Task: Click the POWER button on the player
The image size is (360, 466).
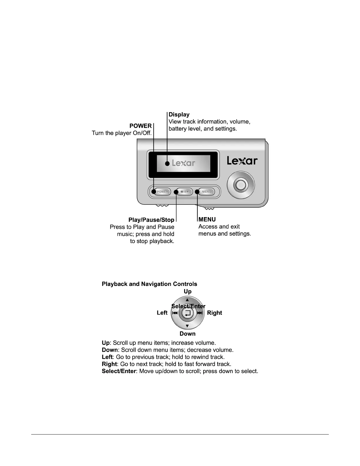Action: pyautogui.click(x=162, y=192)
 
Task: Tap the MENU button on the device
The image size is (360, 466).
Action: pyautogui.click(x=206, y=192)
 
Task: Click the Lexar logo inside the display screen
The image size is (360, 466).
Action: pyautogui.click(x=184, y=163)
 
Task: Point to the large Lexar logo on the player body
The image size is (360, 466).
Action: pyautogui.click(x=242, y=161)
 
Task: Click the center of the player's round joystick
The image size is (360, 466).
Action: pyautogui.click(x=241, y=185)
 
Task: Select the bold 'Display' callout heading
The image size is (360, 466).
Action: pyautogui.click(x=179, y=114)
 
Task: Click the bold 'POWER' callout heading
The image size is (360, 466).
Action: pyautogui.click(x=140, y=126)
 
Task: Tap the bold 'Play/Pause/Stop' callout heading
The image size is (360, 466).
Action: pyautogui.click(x=151, y=220)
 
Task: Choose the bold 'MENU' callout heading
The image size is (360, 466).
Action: pyautogui.click(x=207, y=219)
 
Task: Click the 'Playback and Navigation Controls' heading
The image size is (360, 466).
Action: pyautogui.click(x=149, y=284)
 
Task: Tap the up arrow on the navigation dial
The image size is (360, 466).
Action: pyautogui.click(x=187, y=300)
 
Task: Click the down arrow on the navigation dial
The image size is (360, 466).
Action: pyautogui.click(x=187, y=326)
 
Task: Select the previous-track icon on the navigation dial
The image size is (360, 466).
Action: pyautogui.click(x=175, y=313)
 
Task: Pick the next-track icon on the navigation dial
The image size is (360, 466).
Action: pyautogui.click(x=200, y=313)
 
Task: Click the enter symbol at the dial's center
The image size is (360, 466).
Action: pyautogui.click(x=188, y=313)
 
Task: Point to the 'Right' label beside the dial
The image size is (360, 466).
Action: pyautogui.click(x=214, y=313)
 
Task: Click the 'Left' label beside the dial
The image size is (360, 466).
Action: pyautogui.click(x=162, y=313)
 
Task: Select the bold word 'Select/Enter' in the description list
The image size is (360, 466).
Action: pyautogui.click(x=119, y=371)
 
